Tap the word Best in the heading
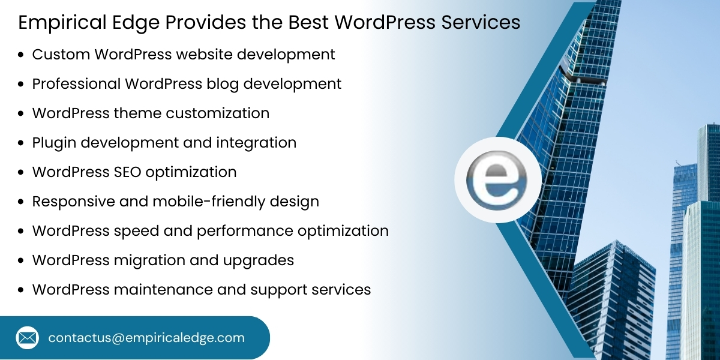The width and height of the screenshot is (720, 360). [x=308, y=23]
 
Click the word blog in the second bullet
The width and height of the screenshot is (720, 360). [x=221, y=83]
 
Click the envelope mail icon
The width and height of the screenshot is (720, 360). [x=28, y=337]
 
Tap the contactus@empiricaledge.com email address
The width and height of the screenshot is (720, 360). [x=146, y=338]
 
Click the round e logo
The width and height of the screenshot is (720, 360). [x=497, y=180]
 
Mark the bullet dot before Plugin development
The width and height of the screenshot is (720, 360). [x=21, y=143]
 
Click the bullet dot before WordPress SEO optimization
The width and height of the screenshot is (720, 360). [x=21, y=173]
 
